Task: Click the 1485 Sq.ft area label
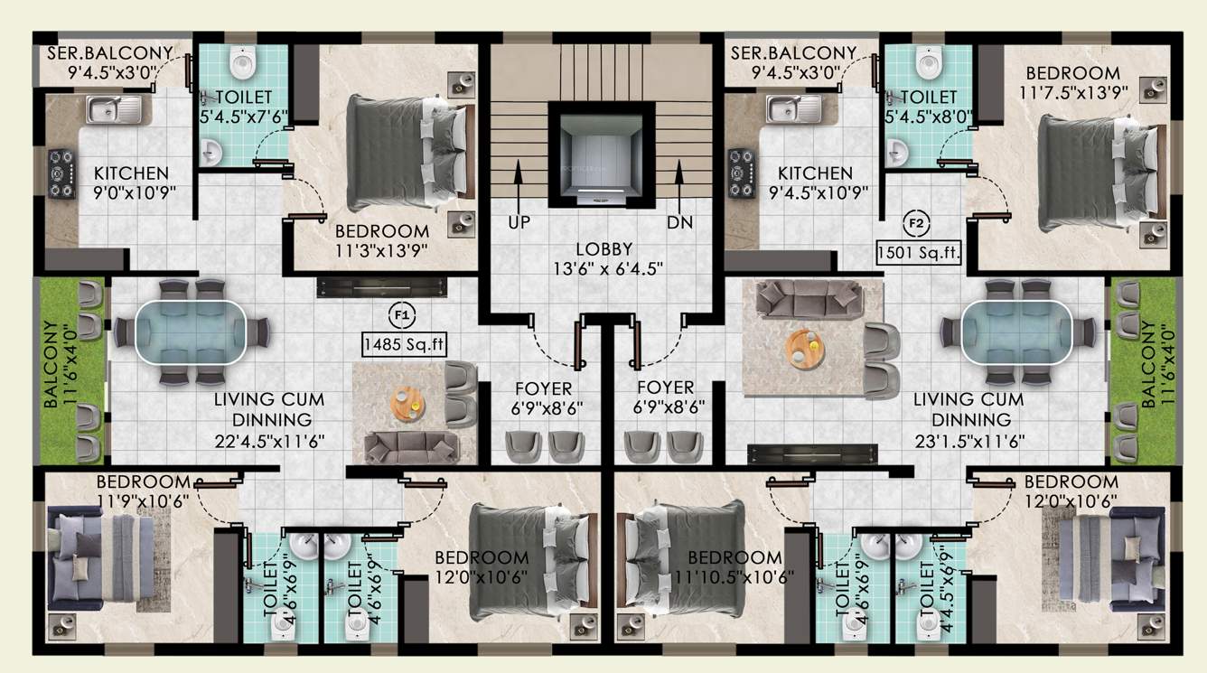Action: click(405, 343)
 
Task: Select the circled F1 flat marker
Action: click(402, 315)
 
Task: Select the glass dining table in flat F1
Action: click(191, 332)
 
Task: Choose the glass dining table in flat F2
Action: click(1016, 332)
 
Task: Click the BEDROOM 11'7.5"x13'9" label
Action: click(1071, 82)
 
